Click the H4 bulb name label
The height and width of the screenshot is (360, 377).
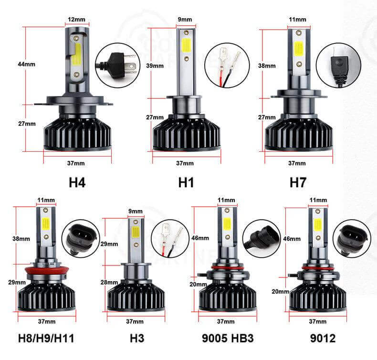point(77,182)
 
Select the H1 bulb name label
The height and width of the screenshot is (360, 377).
point(186,182)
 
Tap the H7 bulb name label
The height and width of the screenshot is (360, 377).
point(298,182)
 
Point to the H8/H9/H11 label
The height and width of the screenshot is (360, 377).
point(46,338)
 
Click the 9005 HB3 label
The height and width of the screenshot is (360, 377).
point(228,338)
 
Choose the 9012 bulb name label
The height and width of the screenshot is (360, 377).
point(323,338)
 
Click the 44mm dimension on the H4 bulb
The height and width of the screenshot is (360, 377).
point(26,64)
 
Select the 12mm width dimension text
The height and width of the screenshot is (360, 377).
point(76,19)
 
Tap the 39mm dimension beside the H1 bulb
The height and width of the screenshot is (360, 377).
point(155,66)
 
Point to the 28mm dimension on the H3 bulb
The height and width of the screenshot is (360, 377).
point(109,282)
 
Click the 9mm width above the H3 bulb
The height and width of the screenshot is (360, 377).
point(136,211)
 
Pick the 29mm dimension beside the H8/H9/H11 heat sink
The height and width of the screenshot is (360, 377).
point(17,282)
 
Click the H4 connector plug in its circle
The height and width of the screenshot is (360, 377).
point(118,64)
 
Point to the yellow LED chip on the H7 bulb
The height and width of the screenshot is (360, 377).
point(299,49)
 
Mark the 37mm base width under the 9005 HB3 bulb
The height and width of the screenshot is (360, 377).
point(226,321)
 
